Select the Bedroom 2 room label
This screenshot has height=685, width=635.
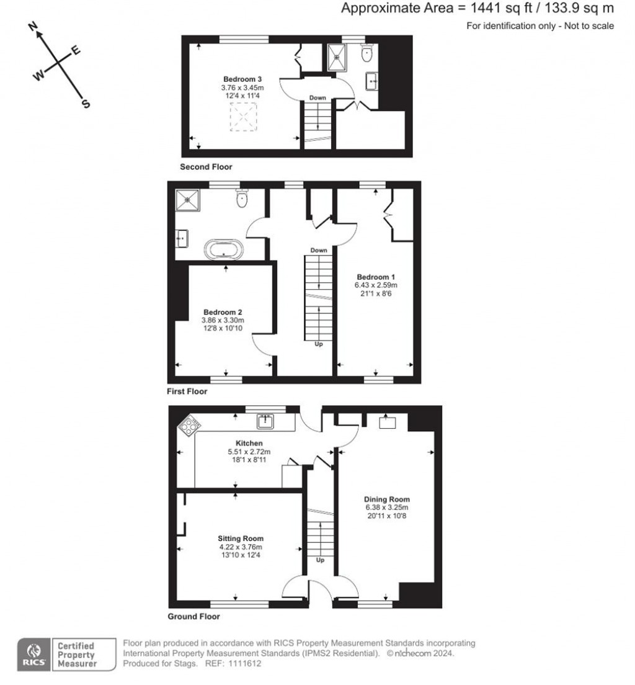click(222, 312)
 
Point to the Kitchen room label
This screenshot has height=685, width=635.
click(240, 443)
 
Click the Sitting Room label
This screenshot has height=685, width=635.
click(240, 539)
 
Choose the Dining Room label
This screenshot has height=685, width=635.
click(388, 499)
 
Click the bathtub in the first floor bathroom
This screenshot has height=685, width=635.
click(225, 250)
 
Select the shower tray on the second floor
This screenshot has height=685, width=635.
click(338, 55)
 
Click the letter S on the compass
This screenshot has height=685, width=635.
click(86, 104)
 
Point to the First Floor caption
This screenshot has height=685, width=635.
click(187, 392)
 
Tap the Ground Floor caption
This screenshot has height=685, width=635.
click(193, 617)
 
